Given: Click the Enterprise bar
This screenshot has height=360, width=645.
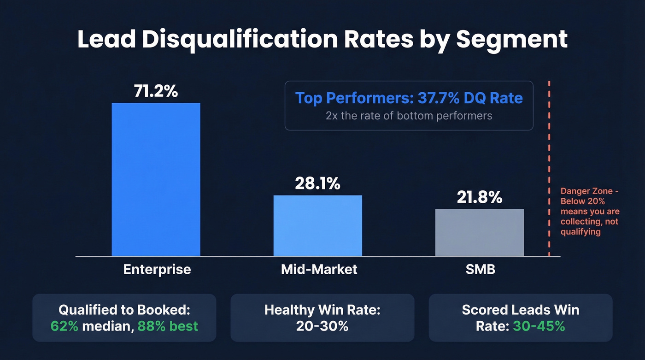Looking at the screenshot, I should click(x=156, y=179).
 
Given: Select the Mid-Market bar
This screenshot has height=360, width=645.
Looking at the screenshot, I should click(x=317, y=225).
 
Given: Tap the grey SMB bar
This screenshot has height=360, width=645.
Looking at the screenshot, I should click(x=479, y=232).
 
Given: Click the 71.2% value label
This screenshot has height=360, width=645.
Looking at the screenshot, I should click(x=156, y=91).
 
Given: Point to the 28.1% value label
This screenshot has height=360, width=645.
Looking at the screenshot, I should click(x=317, y=184).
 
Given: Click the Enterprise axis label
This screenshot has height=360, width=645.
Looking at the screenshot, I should click(x=157, y=269).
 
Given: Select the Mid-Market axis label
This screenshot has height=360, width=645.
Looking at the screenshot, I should click(x=319, y=269).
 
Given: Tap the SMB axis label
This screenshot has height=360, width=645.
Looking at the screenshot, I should click(x=480, y=269).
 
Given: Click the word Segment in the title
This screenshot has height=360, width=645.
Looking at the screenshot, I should click(x=511, y=40).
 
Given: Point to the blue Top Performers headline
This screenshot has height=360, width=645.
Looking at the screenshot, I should click(x=409, y=98).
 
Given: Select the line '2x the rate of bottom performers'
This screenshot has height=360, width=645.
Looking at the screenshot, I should click(x=409, y=116).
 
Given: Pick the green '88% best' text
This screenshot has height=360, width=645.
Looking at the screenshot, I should click(x=168, y=326).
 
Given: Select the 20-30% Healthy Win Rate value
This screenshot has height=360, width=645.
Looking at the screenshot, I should click(x=322, y=326).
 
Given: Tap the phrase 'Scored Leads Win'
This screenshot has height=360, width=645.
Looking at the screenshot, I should click(x=520, y=310).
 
